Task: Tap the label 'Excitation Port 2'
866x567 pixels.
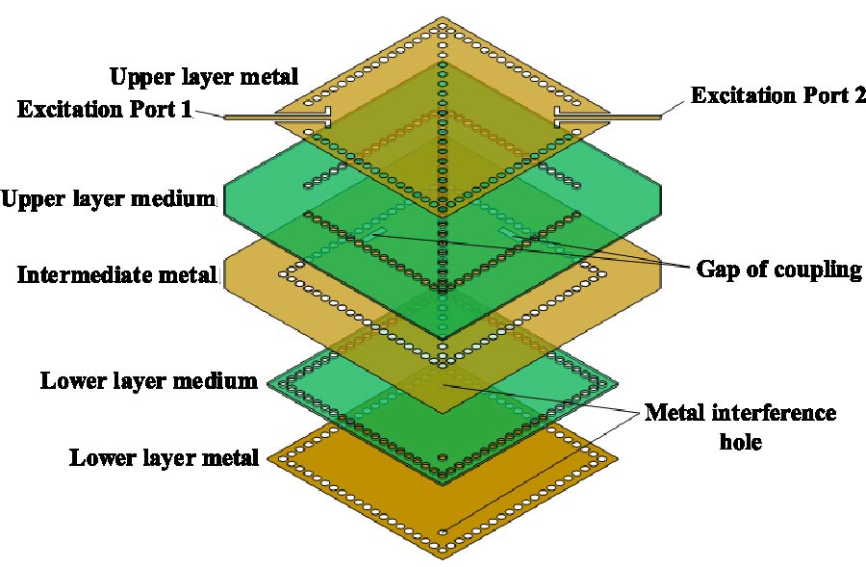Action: (x=778, y=95)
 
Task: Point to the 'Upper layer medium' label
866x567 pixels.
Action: (x=108, y=200)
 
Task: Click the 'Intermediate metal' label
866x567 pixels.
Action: (x=117, y=275)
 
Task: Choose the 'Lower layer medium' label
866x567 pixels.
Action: (x=148, y=381)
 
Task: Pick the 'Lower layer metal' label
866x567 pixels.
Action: (x=164, y=457)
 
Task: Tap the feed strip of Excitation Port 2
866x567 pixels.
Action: (x=616, y=117)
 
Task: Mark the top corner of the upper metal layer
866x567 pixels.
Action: (x=442, y=18)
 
